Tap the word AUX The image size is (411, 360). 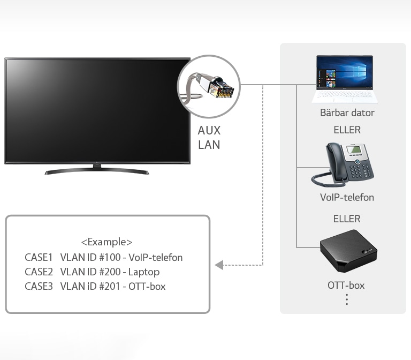tap(209, 130)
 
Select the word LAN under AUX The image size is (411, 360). tap(209, 145)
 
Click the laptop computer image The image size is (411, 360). tap(345, 79)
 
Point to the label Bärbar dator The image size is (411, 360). tap(347, 113)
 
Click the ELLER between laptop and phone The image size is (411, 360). tap(347, 130)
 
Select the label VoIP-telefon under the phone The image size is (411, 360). tap(347, 198)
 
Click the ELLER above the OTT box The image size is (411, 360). tap(347, 219)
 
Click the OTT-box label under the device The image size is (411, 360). tap(346, 285)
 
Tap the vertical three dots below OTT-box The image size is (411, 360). tap(347, 299)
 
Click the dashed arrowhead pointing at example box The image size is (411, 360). tap(219, 265)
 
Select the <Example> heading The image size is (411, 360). tap(106, 242)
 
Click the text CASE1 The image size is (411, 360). tap(39, 258)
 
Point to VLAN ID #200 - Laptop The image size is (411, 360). tap(110, 272)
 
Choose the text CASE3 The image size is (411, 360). tap(39, 287)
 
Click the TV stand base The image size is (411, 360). tap(97, 171)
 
